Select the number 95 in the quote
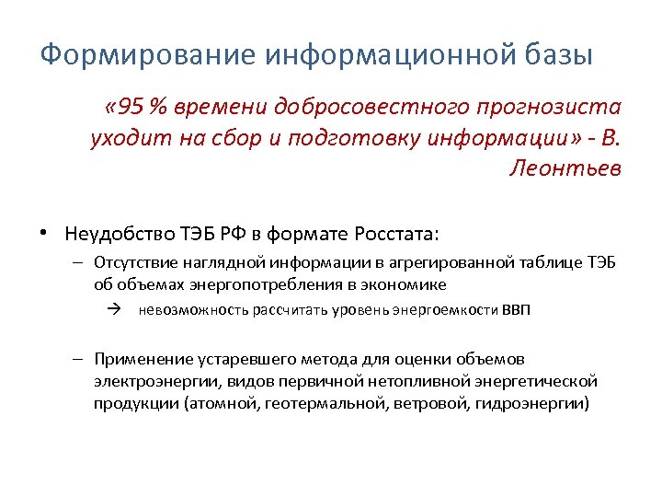coord(132,108)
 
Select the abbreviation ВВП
coord(516,310)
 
